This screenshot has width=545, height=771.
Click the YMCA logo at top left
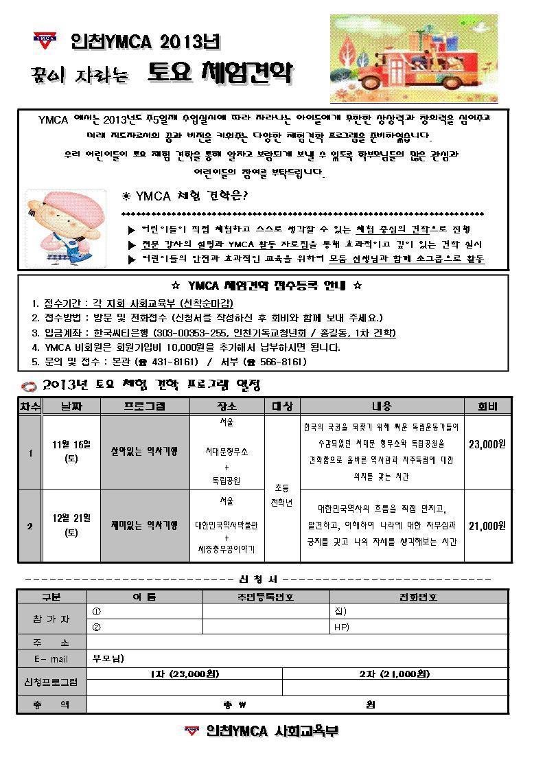pos(46,39)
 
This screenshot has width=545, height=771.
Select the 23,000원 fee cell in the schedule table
pos(487,444)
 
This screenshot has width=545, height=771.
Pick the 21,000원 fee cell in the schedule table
pos(487,526)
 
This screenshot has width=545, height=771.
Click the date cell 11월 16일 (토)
pos(71,451)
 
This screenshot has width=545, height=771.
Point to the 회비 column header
pos(487,406)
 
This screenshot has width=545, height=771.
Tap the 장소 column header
pos(226,406)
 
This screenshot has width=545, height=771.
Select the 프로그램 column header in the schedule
pos(144,406)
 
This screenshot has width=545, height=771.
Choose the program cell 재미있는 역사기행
pos(144,525)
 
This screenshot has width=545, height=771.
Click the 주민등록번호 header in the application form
pos(266,597)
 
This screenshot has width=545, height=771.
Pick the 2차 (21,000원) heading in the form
pos(394,674)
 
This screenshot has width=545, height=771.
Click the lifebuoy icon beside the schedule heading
pos(27,386)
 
